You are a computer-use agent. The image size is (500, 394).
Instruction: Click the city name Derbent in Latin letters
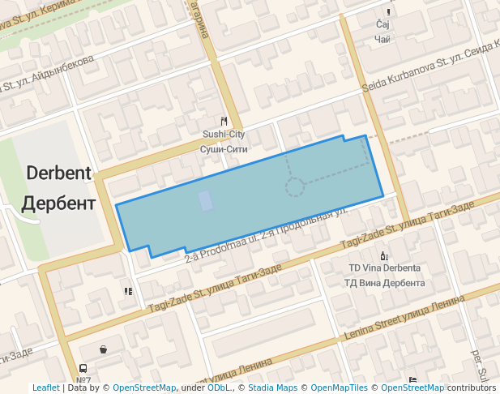click(x=58, y=173)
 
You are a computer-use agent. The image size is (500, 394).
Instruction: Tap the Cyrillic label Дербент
click(x=58, y=203)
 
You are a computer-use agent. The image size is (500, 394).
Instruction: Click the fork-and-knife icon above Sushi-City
click(x=224, y=121)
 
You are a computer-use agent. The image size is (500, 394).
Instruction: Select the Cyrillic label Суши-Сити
click(x=223, y=149)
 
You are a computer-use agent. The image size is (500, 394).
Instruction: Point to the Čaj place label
click(x=383, y=25)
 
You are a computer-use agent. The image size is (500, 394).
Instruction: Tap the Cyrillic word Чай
click(x=384, y=39)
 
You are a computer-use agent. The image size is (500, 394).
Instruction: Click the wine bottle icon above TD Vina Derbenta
click(x=384, y=255)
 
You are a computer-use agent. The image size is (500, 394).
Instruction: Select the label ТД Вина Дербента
click(x=384, y=283)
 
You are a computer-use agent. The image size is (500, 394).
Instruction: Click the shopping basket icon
click(x=103, y=349)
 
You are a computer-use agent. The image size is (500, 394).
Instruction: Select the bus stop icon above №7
click(x=83, y=368)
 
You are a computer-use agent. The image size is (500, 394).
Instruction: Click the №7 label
click(x=83, y=379)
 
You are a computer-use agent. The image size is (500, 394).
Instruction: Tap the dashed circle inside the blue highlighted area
click(x=294, y=188)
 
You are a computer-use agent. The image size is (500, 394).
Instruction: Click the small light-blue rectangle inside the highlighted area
click(x=207, y=200)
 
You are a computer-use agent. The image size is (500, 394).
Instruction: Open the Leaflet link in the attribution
click(x=45, y=388)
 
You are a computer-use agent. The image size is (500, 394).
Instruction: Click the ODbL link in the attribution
click(x=218, y=388)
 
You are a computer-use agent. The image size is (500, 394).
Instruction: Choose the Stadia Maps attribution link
click(x=272, y=388)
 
